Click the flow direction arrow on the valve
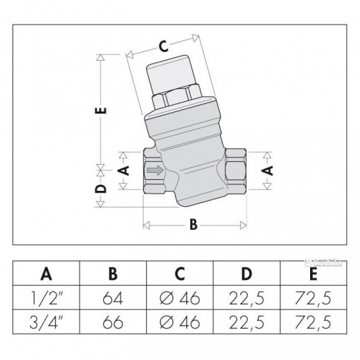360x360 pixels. point(155,171)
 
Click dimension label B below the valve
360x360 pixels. point(193,224)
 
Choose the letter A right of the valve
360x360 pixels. point(267,171)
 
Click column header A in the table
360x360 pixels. point(48,274)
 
